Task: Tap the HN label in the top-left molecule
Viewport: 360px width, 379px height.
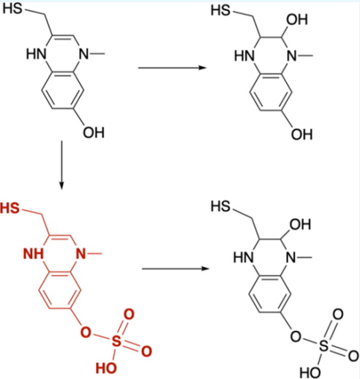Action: [36, 53]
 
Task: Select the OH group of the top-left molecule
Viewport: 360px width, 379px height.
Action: [94, 132]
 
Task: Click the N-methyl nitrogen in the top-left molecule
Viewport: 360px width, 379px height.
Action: [83, 53]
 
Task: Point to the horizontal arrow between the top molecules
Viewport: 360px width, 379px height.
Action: [172, 67]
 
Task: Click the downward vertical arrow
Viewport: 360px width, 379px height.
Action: [61, 165]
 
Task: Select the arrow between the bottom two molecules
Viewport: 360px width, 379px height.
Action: [176, 269]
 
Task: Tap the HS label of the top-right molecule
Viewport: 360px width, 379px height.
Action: [220, 10]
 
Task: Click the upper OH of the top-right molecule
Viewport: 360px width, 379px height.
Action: [297, 20]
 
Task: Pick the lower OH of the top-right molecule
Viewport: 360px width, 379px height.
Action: [301, 135]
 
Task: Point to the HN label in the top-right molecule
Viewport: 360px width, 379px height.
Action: [244, 56]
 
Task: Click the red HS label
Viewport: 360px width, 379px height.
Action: [10, 209]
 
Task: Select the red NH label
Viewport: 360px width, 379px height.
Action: [34, 254]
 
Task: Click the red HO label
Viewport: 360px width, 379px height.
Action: [106, 368]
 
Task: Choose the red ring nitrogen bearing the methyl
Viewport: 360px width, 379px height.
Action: [81, 254]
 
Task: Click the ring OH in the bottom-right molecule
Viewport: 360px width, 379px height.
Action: [300, 225]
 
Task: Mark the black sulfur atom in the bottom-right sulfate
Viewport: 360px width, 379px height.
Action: [323, 345]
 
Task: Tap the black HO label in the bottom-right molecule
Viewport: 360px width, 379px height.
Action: [310, 372]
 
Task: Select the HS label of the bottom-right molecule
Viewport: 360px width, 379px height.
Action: [220, 206]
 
